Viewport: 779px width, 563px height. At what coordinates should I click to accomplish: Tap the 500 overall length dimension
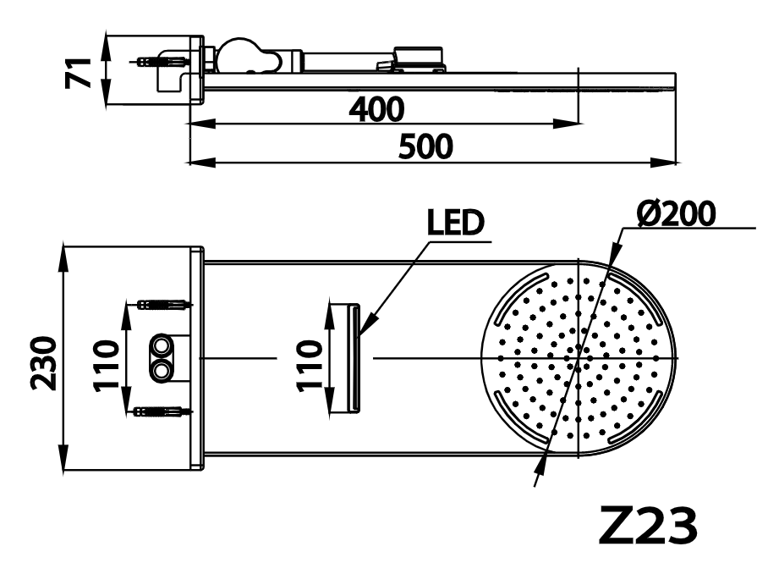coord(425,146)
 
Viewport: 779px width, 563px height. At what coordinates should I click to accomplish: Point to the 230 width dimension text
coord(43,362)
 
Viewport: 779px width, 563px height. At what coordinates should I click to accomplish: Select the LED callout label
coord(454,223)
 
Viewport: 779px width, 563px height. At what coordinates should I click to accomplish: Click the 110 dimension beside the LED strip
coord(310,362)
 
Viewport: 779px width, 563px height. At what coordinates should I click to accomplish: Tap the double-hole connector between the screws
coord(161,358)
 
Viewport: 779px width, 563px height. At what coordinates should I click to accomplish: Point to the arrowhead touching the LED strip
coord(365,328)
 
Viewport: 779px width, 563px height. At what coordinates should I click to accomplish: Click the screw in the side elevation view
coord(161,62)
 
